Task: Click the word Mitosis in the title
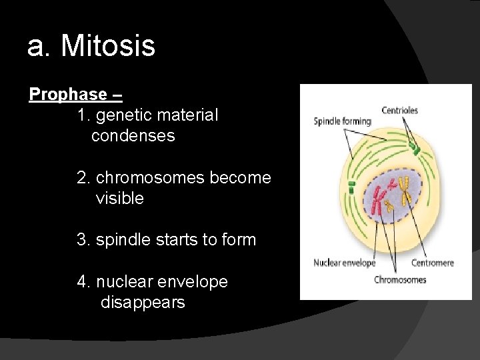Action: (x=108, y=46)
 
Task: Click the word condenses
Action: (x=133, y=136)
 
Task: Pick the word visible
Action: (x=119, y=199)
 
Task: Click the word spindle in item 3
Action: (x=123, y=240)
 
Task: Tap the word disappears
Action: (x=143, y=303)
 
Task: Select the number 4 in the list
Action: (x=82, y=282)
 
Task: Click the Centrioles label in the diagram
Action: (x=399, y=110)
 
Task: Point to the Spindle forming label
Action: (x=342, y=121)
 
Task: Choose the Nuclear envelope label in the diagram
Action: (x=344, y=263)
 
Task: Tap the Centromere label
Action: (x=432, y=263)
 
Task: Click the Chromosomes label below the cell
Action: (x=400, y=279)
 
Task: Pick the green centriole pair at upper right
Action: (x=415, y=147)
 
